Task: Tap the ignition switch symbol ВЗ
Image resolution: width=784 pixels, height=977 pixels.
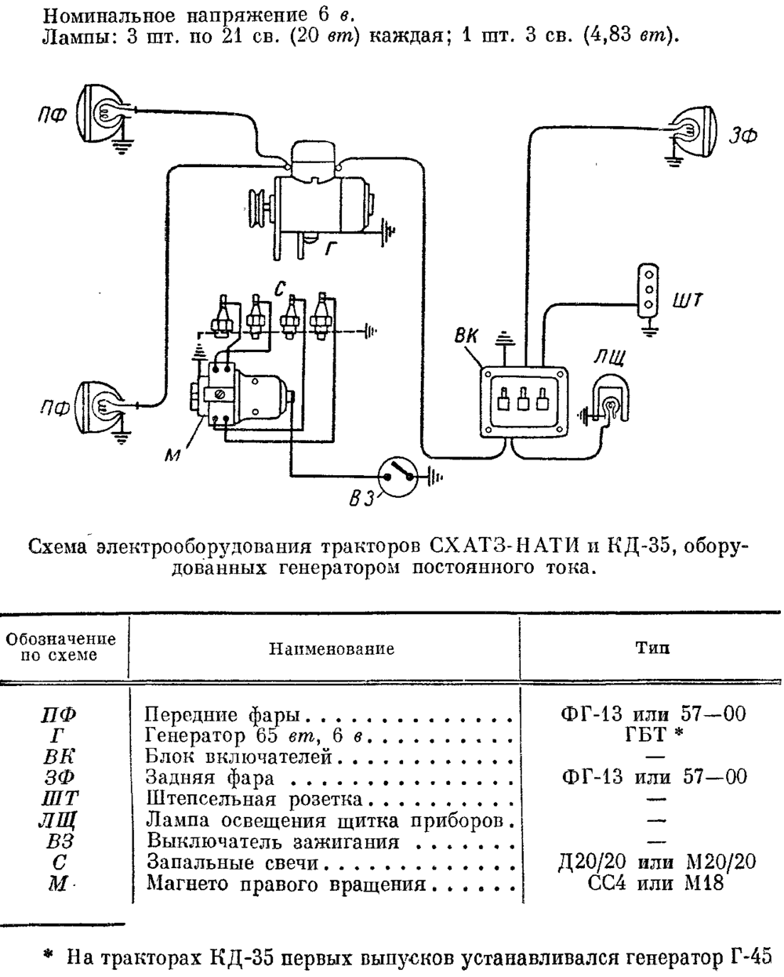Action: [398, 477]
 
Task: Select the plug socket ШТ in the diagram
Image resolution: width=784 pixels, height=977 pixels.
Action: [648, 290]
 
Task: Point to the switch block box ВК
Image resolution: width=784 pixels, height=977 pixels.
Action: [524, 402]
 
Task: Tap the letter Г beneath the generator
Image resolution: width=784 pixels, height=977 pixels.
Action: [332, 249]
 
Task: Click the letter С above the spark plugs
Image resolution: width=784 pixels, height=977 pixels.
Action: [280, 289]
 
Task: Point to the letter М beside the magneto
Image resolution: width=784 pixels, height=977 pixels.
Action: [173, 455]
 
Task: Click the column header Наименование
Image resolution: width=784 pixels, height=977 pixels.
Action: [332, 648]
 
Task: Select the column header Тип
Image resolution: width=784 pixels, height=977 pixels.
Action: [652, 648]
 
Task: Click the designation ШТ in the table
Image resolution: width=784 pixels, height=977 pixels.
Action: [60, 798]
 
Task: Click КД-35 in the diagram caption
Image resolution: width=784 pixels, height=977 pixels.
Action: [639, 546]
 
